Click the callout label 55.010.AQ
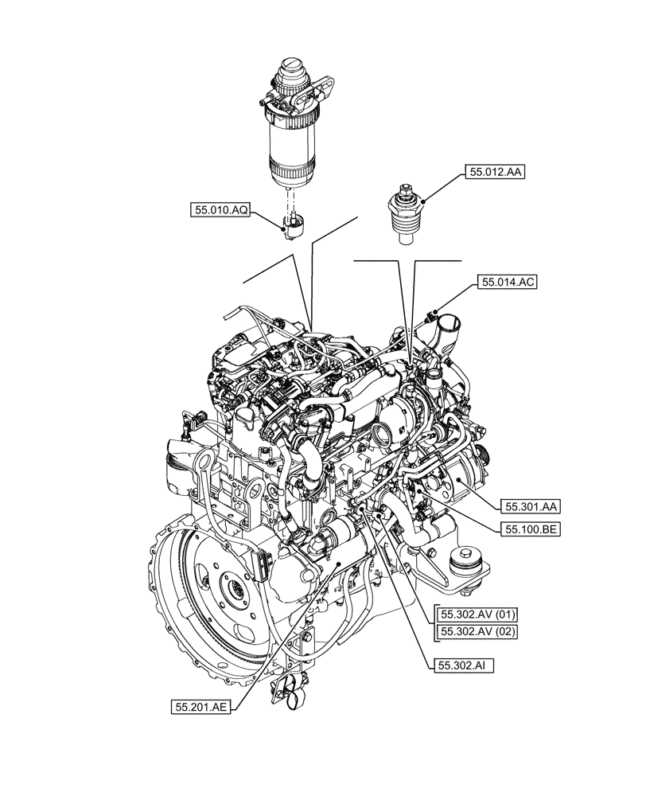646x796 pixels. pyautogui.click(x=221, y=210)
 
